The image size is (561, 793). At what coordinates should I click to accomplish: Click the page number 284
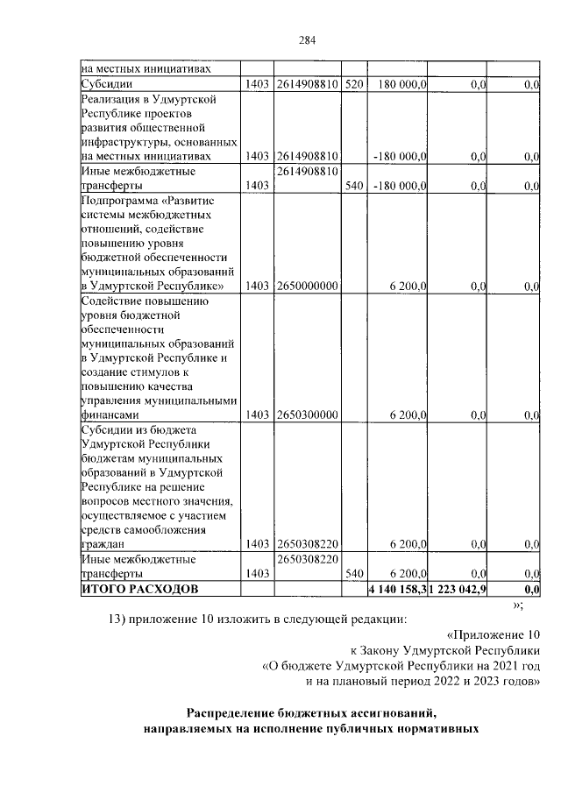(x=306, y=39)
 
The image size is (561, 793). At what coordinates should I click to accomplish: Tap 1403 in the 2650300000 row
(x=257, y=415)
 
